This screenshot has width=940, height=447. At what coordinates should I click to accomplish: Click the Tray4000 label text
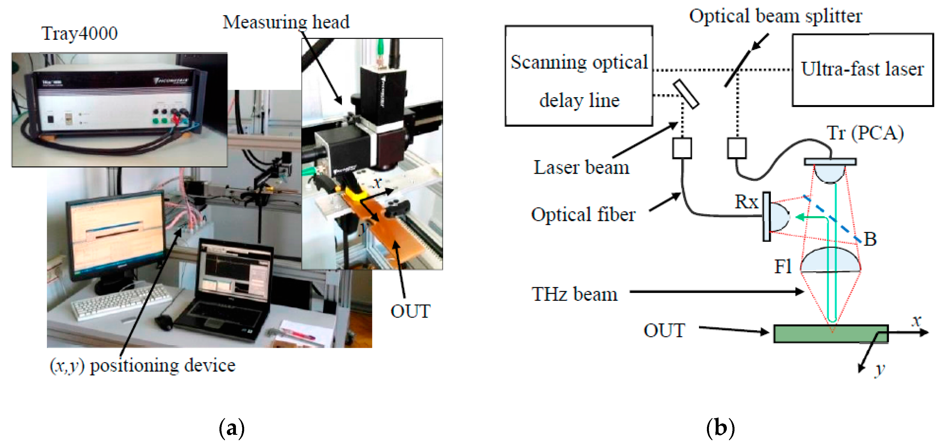pyautogui.click(x=80, y=34)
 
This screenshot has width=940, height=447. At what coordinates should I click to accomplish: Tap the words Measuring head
pyautogui.click(x=286, y=22)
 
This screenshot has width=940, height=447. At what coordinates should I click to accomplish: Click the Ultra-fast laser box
pyautogui.click(x=862, y=69)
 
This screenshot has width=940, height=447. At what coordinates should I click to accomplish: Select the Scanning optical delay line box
pyautogui.click(x=579, y=76)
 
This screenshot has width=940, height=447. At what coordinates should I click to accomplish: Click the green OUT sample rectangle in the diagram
pyautogui.click(x=831, y=334)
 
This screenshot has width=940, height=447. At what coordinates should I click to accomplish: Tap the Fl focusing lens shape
pyautogui.click(x=830, y=261)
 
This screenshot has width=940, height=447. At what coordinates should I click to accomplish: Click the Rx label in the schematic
pyautogui.click(x=746, y=202)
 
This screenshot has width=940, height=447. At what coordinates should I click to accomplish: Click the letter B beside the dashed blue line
pyautogui.click(x=870, y=239)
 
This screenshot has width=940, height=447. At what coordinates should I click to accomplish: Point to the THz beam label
pyautogui.click(x=574, y=294)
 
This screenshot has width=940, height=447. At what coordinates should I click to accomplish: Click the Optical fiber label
pyautogui.click(x=583, y=214)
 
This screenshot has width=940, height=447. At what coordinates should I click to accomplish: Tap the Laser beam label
pyautogui.click(x=581, y=167)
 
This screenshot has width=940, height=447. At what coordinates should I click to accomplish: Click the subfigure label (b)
pyautogui.click(x=720, y=427)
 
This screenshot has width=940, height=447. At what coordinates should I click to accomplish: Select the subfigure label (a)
pyautogui.click(x=231, y=428)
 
